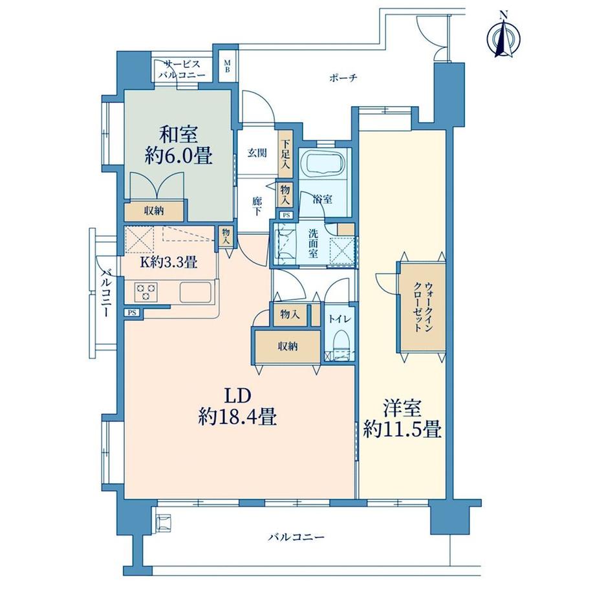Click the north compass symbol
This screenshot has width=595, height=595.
[504, 36]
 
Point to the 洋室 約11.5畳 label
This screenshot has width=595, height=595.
[402, 420]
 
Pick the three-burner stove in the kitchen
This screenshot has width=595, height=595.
[146, 292]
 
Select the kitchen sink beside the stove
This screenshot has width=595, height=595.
[195, 292]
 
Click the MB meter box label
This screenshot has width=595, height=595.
[227, 66]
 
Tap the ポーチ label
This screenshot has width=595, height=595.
[343, 78]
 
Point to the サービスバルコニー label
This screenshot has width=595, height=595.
[182, 69]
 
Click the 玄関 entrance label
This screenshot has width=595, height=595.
[257, 153]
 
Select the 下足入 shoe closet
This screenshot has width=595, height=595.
[285, 155]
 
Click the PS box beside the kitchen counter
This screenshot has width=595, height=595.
[132, 312]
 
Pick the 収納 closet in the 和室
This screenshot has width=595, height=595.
[154, 211]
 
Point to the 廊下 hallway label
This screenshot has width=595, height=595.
[257, 206]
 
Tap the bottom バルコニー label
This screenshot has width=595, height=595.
[296, 537]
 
